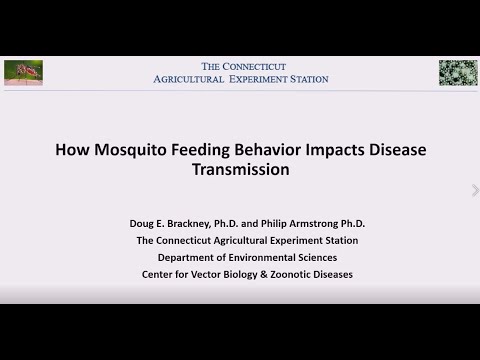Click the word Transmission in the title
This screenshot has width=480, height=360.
point(240,170)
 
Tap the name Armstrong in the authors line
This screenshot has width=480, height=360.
point(325,223)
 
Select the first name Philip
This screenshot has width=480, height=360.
point(279,223)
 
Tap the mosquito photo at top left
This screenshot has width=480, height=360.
point(23,72)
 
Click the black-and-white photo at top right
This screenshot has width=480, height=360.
point(457,72)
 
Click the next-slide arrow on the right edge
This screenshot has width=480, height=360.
point(475,190)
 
